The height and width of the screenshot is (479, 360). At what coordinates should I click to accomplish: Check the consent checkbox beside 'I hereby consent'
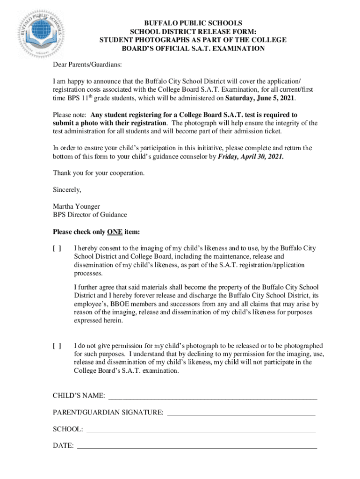[x=57, y=248]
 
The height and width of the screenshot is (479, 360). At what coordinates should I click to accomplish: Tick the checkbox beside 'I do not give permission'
[x=57, y=346]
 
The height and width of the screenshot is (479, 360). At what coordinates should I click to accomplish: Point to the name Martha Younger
[x=76, y=206]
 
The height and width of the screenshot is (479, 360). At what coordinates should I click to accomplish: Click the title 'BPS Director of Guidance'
[x=90, y=215]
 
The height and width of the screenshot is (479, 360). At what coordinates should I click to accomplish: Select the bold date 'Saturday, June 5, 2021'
[x=260, y=99]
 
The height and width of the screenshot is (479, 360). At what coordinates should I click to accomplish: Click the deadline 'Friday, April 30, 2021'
[x=251, y=157]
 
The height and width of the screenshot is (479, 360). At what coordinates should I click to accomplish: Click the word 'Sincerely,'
[x=67, y=190]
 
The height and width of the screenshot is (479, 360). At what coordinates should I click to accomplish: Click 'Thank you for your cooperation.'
[x=99, y=173]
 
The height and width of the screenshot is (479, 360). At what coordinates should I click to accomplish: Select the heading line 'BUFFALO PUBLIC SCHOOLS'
[x=193, y=23]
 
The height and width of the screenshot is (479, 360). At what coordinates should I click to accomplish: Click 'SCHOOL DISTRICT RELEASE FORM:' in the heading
[x=193, y=31]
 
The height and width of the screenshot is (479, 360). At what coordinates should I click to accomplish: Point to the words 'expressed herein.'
[x=99, y=321]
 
